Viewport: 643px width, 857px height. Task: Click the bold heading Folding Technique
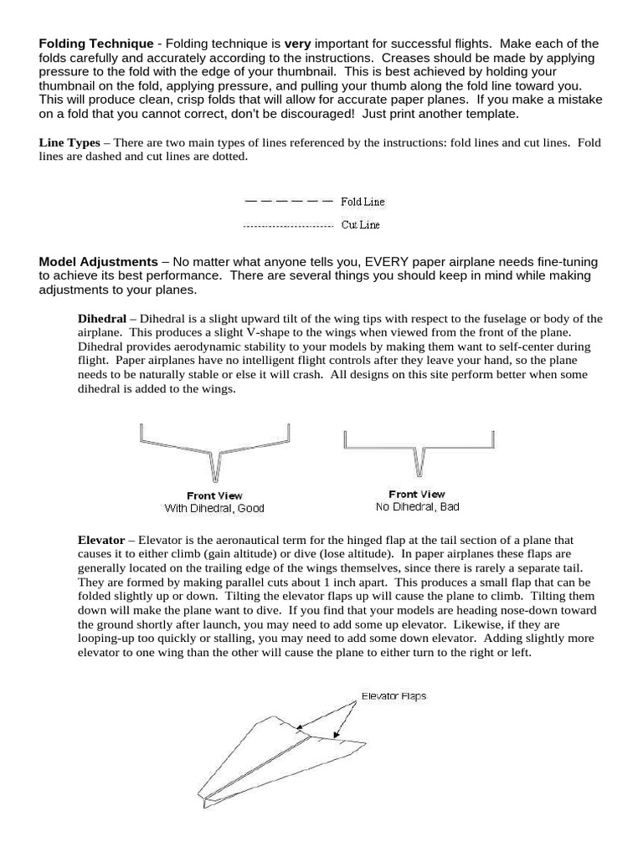tap(96, 44)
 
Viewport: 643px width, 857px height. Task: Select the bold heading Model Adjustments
tap(98, 262)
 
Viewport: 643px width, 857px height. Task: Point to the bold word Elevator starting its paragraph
tap(101, 541)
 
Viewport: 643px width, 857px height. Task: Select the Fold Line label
tap(363, 202)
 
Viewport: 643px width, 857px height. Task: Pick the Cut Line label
tap(361, 226)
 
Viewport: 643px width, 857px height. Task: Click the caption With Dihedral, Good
tap(214, 508)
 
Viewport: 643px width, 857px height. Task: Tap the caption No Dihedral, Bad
tap(417, 506)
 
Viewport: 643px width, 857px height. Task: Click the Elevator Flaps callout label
tap(394, 695)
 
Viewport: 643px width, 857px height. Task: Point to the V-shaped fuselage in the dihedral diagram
tap(215, 464)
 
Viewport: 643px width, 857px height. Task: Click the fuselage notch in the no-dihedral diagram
tap(419, 460)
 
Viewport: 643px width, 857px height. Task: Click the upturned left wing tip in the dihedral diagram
tap(141, 432)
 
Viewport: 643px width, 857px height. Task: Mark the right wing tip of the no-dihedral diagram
tap(494, 439)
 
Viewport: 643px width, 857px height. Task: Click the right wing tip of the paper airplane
tap(365, 743)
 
